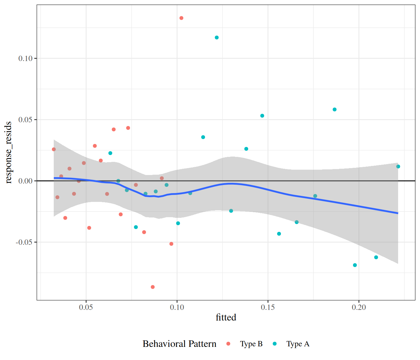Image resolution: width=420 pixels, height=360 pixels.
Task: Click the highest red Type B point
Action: (181, 18)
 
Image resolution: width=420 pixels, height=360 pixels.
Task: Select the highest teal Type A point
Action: (217, 37)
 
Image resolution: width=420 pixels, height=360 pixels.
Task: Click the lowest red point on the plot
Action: (152, 287)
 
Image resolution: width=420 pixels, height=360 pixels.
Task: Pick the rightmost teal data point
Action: (398, 167)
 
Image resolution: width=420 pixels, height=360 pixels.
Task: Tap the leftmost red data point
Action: (54, 149)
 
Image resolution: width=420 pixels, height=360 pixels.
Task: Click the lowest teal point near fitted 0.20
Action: (355, 265)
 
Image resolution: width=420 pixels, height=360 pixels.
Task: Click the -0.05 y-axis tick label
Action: (24, 242)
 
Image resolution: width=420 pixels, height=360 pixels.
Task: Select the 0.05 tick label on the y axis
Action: (25, 120)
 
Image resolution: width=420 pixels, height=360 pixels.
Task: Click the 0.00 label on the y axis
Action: (25, 181)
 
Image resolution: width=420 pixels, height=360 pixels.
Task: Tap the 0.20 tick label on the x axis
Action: (359, 307)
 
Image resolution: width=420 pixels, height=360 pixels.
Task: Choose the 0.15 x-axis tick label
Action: (268, 307)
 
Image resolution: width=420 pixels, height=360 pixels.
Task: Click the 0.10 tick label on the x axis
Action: (177, 307)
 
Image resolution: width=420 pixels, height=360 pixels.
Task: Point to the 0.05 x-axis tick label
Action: (86, 307)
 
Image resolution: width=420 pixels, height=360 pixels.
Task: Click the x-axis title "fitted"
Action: (226, 317)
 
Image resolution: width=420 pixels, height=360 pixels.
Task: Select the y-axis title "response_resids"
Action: (8, 152)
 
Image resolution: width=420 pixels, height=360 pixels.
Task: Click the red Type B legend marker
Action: (228, 344)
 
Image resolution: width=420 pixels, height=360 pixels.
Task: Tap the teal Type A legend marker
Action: (275, 344)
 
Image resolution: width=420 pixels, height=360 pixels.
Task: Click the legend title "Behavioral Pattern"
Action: (179, 344)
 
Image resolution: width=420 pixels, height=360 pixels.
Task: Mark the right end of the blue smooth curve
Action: (398, 213)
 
